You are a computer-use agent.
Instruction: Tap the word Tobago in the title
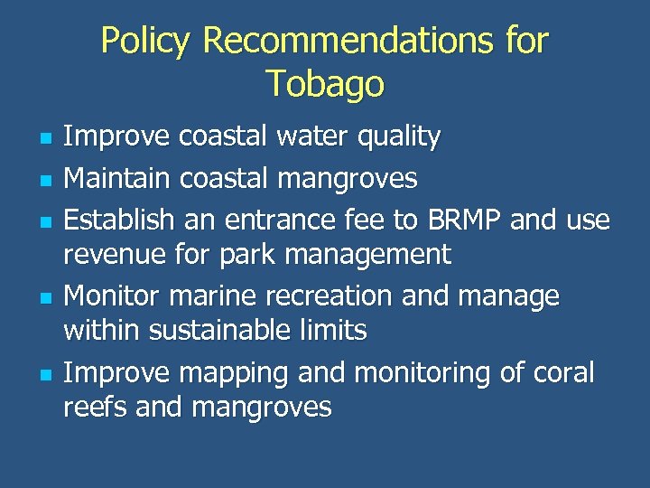pos(325,84)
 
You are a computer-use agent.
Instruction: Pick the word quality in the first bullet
pos(398,138)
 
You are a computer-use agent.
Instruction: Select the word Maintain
pos(117,179)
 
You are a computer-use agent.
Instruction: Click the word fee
pos(370,220)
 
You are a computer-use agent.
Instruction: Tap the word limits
pos(335,331)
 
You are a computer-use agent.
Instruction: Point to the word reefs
pos(96,408)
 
